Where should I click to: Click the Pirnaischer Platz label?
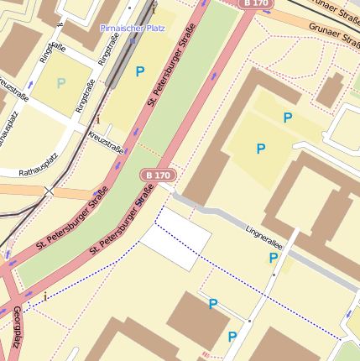133,28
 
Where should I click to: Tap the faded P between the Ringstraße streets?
60,83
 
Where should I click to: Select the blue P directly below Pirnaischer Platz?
139,72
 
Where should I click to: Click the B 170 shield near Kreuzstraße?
158,175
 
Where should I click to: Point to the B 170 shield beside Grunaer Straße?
257,4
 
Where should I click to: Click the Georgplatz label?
16,327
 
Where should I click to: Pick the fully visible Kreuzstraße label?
107,143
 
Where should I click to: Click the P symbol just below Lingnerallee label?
273,259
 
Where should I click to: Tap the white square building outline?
175,239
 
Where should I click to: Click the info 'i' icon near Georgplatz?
45,296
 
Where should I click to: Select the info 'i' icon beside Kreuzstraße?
97,120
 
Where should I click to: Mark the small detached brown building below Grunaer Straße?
330,90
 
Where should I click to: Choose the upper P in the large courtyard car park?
288,118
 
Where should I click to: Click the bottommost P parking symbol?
232,337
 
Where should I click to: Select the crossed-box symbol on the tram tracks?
48,191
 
